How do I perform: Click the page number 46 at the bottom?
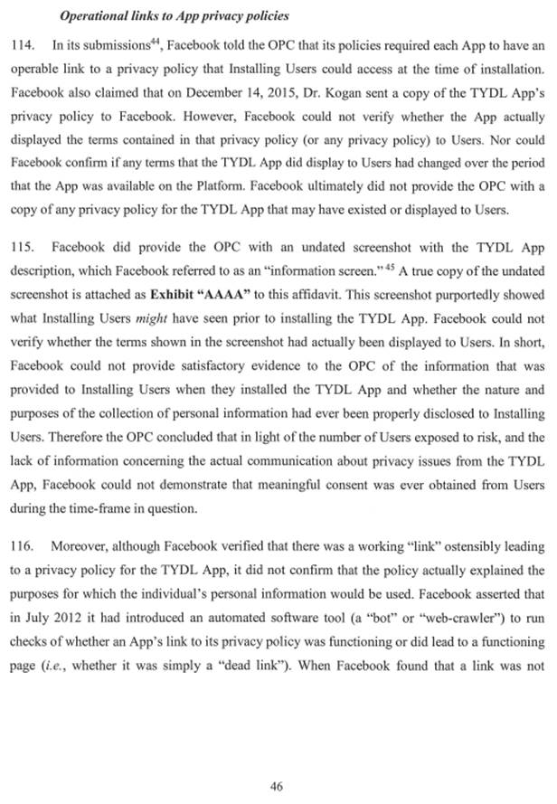click(277, 786)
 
